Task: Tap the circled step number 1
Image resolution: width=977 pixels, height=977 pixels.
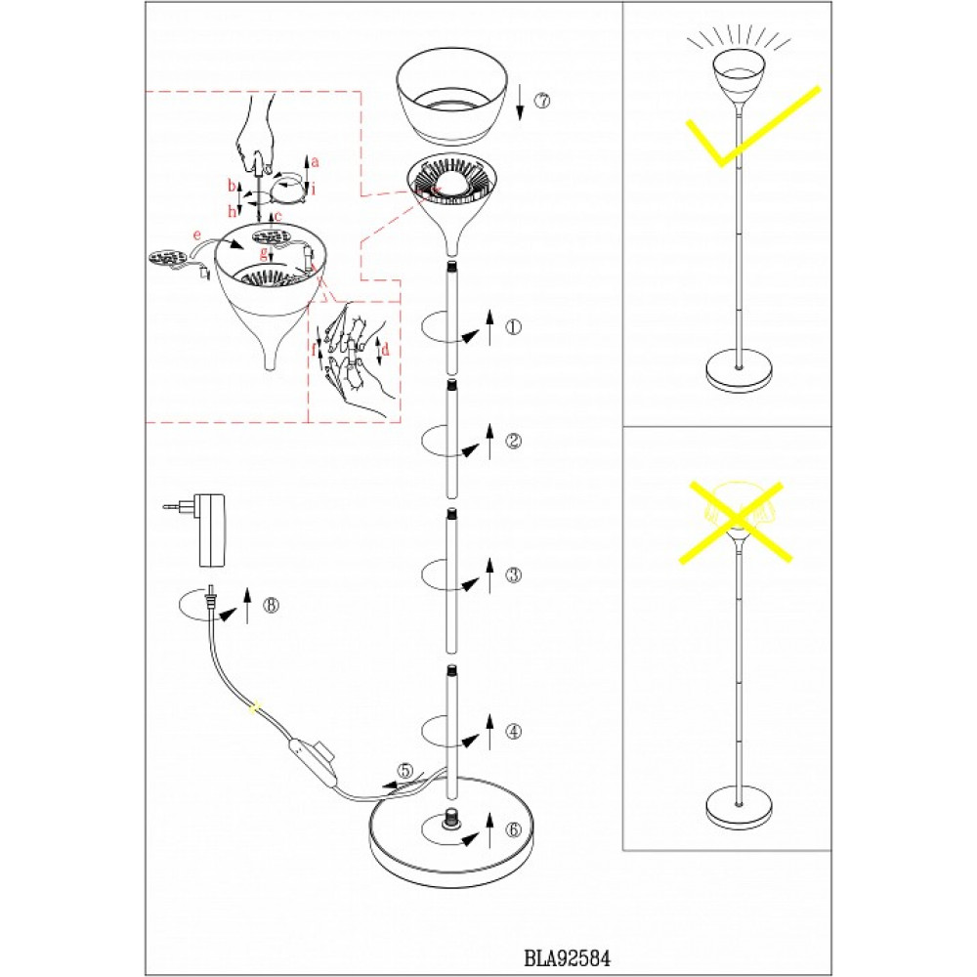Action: [514, 328]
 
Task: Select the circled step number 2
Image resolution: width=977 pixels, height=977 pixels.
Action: [514, 441]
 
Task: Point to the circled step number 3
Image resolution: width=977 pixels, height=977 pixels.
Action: [514, 575]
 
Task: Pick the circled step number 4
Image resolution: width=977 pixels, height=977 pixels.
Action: [514, 731]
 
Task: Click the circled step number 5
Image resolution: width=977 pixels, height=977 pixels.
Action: [404, 771]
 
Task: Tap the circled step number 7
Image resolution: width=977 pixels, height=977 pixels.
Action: [543, 101]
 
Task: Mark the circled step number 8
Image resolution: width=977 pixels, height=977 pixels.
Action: [271, 605]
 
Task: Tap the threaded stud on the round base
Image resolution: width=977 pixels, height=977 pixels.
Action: [452, 818]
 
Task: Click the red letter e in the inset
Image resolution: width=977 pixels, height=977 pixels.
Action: [197, 235]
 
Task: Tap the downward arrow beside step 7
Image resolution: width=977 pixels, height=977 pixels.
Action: [521, 101]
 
